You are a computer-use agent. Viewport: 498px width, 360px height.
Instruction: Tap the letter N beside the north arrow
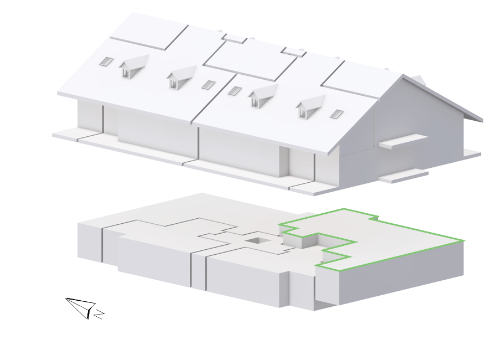100,314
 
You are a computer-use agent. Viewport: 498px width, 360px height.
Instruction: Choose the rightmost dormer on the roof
310,106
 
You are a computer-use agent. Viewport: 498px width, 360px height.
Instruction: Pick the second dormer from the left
181,77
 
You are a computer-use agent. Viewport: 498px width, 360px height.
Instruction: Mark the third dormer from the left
262,95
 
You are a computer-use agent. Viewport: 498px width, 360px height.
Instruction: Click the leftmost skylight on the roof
106,61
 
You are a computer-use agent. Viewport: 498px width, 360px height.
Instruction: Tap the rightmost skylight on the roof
337,114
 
